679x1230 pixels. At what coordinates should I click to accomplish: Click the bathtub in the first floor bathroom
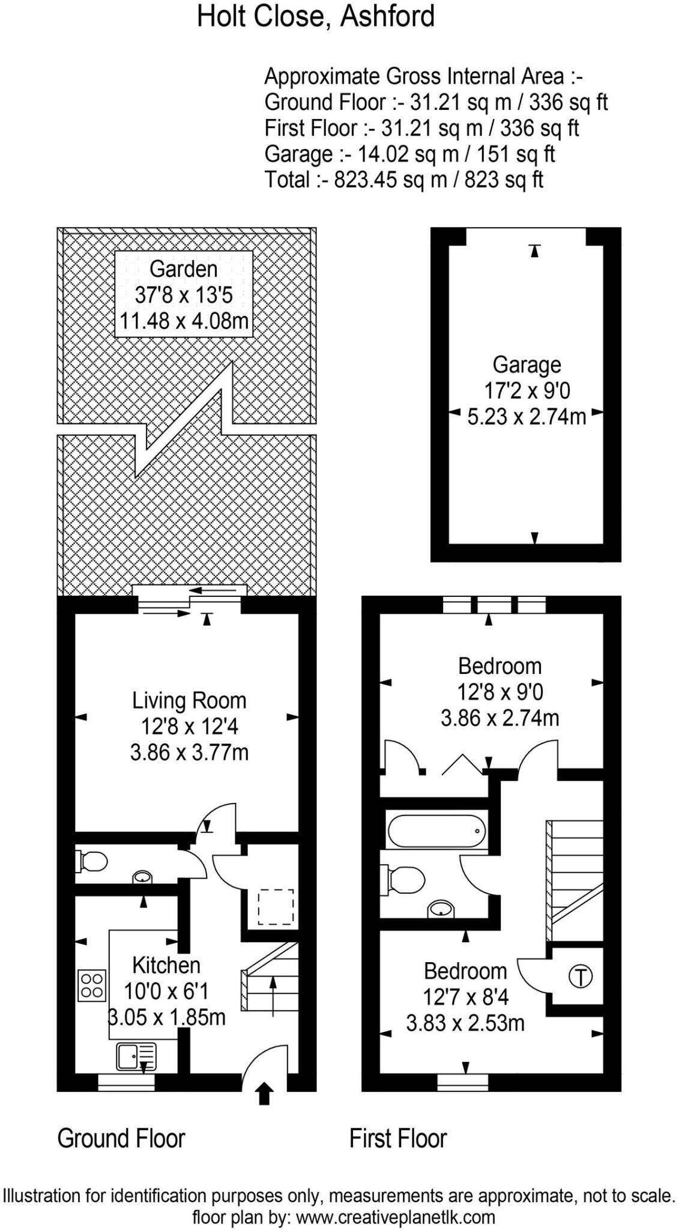coord(437,831)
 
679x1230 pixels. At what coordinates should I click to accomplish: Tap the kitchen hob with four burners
coord(92,985)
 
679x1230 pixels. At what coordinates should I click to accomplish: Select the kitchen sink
coord(136,1056)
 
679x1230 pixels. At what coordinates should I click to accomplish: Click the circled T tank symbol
coord(580,975)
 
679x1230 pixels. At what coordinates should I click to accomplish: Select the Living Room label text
coord(189,700)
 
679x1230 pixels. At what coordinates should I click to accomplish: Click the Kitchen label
coord(166,965)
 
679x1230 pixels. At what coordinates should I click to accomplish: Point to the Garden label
coord(183,268)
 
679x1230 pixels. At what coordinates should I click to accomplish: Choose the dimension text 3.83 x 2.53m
coord(465,1023)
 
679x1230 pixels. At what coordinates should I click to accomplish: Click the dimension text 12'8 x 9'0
coord(500,692)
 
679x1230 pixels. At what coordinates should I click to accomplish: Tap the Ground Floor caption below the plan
coord(121,1138)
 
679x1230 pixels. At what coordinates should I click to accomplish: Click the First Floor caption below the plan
coord(398,1138)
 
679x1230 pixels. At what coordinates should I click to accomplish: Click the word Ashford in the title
coord(387,16)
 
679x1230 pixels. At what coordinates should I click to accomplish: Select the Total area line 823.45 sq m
coord(403,180)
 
